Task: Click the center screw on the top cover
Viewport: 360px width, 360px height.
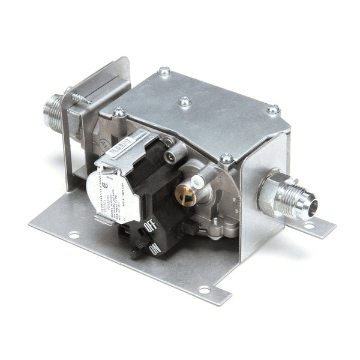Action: coord(185,102)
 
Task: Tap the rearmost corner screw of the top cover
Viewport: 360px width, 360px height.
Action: coord(164,71)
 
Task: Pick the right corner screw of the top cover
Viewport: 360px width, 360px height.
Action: coord(273,110)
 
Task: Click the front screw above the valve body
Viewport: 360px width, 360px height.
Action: coord(226,159)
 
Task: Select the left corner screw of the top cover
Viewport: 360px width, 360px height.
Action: coord(119,112)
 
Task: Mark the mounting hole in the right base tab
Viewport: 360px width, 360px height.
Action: coord(309,226)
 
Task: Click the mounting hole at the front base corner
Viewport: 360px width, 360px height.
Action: coord(205,290)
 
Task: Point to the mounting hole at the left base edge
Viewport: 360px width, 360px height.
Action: coord(74,235)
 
